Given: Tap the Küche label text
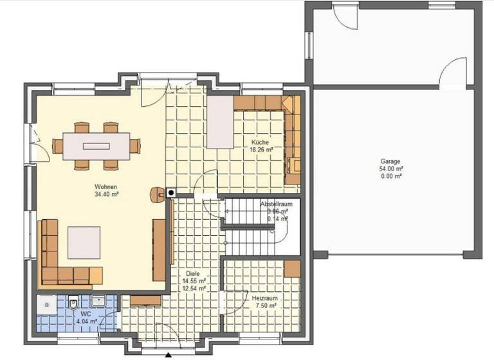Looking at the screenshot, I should pos(261,143).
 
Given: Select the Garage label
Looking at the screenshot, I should pos(390,161).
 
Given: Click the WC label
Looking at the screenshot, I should pos(86,314).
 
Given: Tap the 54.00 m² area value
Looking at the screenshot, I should pos(390,168).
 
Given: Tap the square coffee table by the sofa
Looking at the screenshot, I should pos(84,242).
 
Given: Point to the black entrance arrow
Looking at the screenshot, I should pos(168,355).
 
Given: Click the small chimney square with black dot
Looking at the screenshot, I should pos(171,192).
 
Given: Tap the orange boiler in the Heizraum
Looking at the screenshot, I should pos(292,269).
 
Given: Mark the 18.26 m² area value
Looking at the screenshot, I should pos(261,150).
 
